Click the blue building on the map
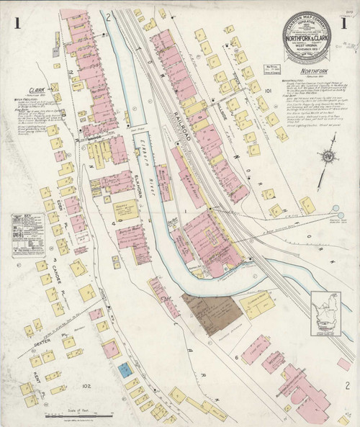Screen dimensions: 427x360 click(125, 370)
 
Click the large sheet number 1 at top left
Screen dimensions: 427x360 click(17, 23)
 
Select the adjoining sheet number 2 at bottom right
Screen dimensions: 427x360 click(346, 386)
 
